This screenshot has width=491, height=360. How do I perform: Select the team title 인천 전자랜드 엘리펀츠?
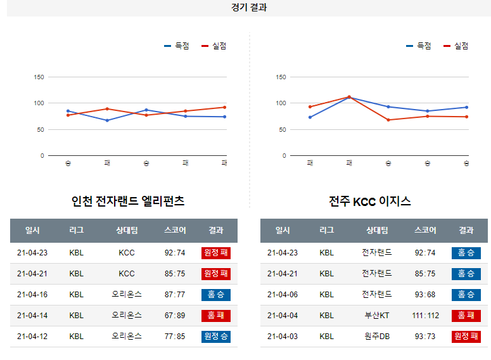pos(128,202)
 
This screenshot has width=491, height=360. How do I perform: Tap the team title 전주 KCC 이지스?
pos(370,202)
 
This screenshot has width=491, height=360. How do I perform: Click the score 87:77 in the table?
pos(174,295)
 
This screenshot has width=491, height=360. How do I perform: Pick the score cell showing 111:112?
pos(425,316)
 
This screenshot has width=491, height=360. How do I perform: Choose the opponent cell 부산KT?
pos(376,316)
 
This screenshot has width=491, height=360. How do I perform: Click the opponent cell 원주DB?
pos(376,337)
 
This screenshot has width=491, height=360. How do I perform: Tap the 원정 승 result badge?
pos(215,337)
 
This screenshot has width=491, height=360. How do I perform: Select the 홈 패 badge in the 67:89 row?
pos(215,316)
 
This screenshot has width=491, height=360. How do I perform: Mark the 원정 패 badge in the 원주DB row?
pos(466,337)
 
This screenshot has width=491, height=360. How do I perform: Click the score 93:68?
pos(425,295)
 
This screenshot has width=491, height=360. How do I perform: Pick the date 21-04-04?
pos(283,316)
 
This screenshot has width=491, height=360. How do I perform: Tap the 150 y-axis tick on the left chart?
pos(39,77)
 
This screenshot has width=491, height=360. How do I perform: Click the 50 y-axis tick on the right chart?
pos(283,130)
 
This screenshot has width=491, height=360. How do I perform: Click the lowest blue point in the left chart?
pos(107,120)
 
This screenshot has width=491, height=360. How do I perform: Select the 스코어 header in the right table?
pos(425,231)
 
